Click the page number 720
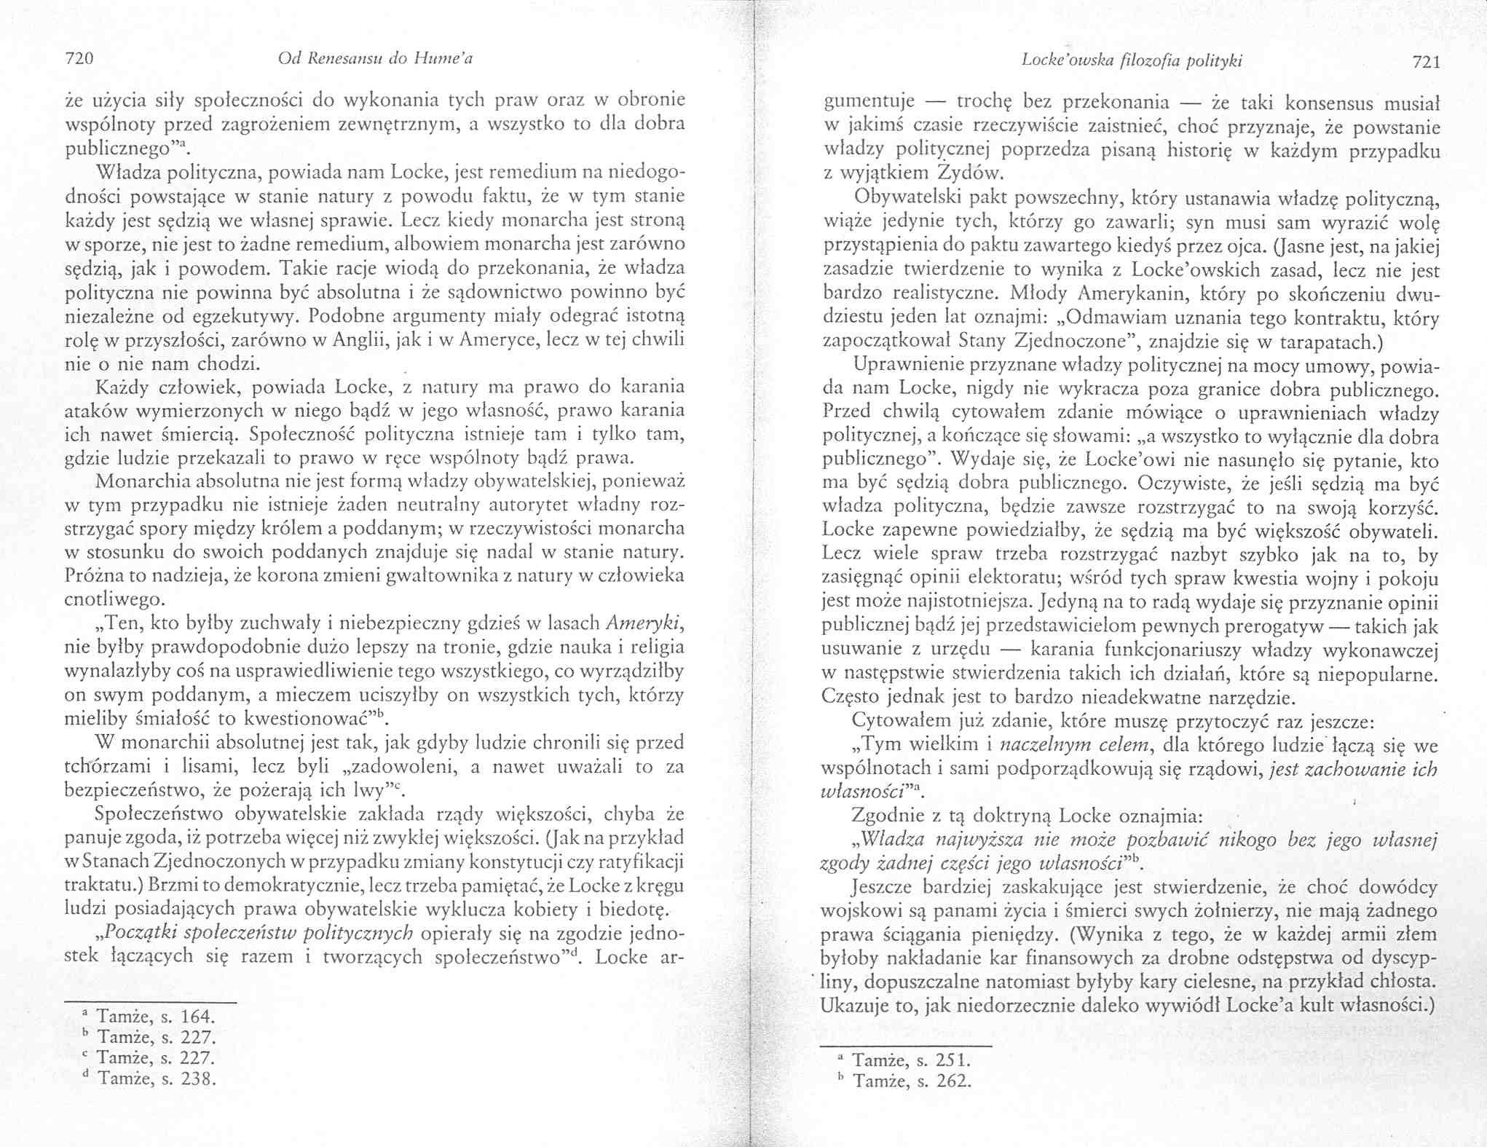81,60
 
